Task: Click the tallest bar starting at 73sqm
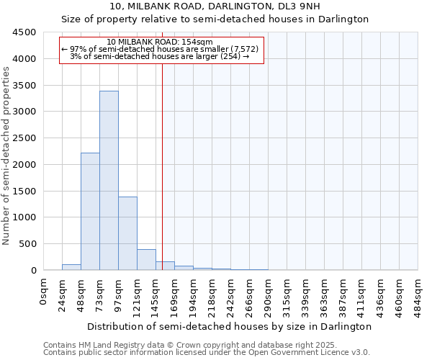click(109, 180)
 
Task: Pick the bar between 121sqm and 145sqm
click(146, 260)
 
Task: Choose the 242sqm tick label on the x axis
click(230, 294)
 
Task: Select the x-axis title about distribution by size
click(230, 326)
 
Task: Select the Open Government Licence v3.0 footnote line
click(207, 353)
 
